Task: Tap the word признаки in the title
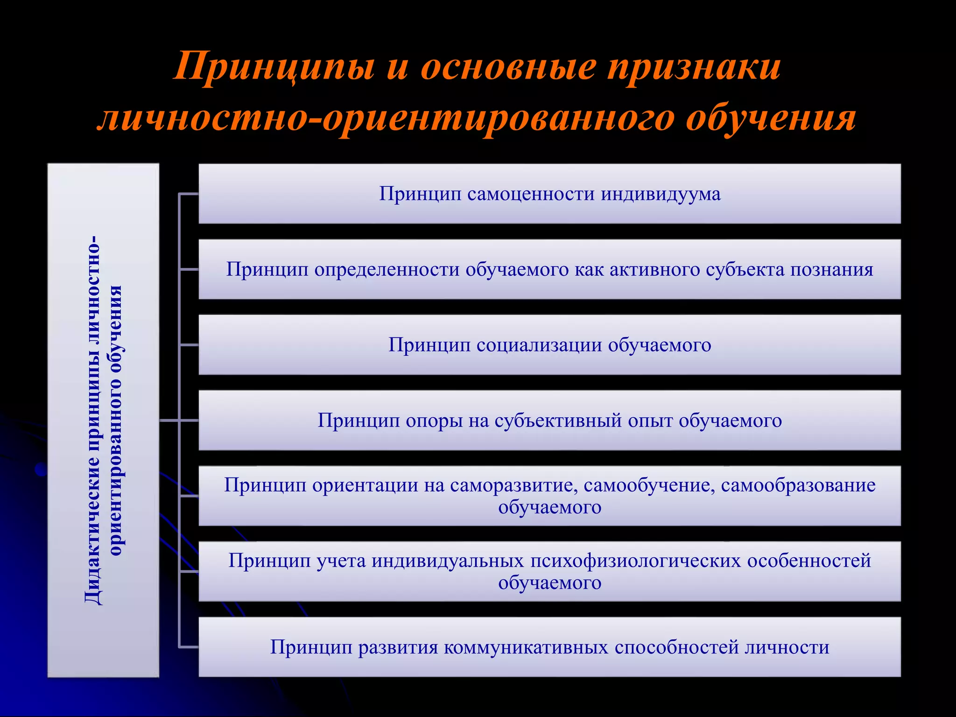pos(694,67)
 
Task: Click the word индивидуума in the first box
pos(661,194)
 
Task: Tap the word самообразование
pos(798,485)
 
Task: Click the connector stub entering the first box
pos(189,194)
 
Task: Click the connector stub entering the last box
pos(189,647)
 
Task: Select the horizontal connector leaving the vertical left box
pos(169,421)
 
